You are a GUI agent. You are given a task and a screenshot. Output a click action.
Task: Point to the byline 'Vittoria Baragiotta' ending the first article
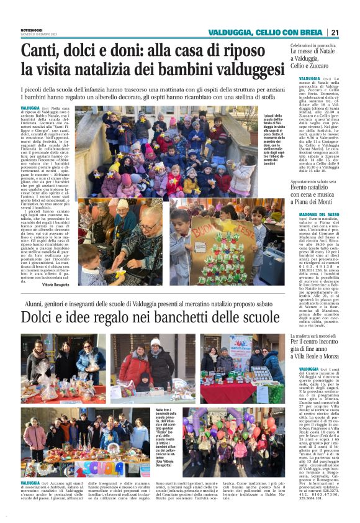pos(56,284)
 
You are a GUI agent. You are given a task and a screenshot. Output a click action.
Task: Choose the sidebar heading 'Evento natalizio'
pos(314,186)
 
